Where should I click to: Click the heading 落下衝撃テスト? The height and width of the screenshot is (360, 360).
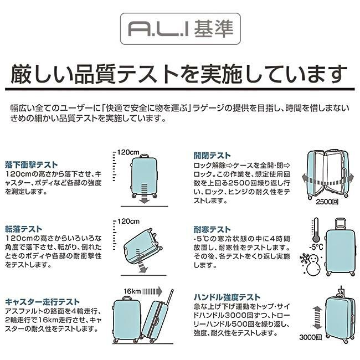[31, 164]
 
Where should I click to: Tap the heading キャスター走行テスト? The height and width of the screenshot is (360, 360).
[42, 301]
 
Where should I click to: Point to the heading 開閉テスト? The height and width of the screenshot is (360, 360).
[212, 155]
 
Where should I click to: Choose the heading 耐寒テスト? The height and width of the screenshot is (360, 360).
[212, 229]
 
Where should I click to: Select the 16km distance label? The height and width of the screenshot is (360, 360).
[132, 290]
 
